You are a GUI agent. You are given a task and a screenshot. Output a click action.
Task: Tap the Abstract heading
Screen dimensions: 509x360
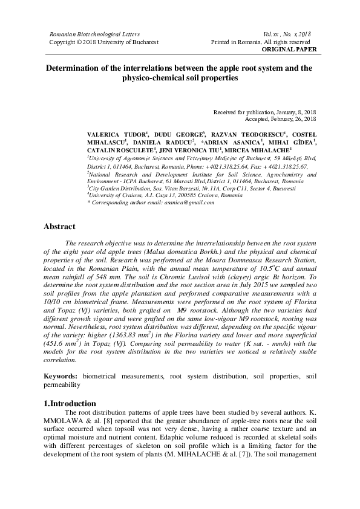click(x=59, y=227)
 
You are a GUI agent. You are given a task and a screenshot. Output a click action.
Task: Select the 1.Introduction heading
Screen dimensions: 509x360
click(x=70, y=403)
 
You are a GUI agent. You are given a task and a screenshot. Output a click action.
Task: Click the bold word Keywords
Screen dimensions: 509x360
click(x=61, y=376)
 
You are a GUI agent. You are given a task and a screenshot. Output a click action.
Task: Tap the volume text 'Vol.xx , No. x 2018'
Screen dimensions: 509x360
click(x=289, y=35)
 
